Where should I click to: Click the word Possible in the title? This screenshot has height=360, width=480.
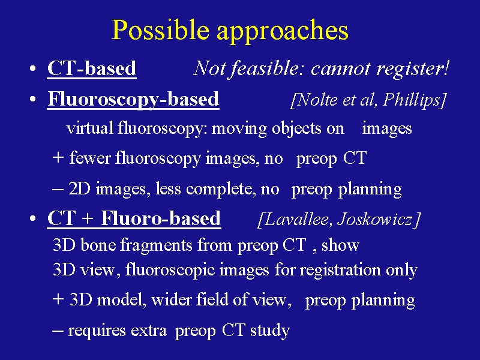pos(160,29)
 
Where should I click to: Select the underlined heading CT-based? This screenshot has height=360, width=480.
pos(92,68)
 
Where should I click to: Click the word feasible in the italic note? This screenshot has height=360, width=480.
pos(265,68)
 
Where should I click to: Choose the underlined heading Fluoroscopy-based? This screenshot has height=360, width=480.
pos(133,100)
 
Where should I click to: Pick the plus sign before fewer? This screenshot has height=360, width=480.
pos(58,157)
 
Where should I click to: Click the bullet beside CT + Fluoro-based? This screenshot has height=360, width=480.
pos(33,218)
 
